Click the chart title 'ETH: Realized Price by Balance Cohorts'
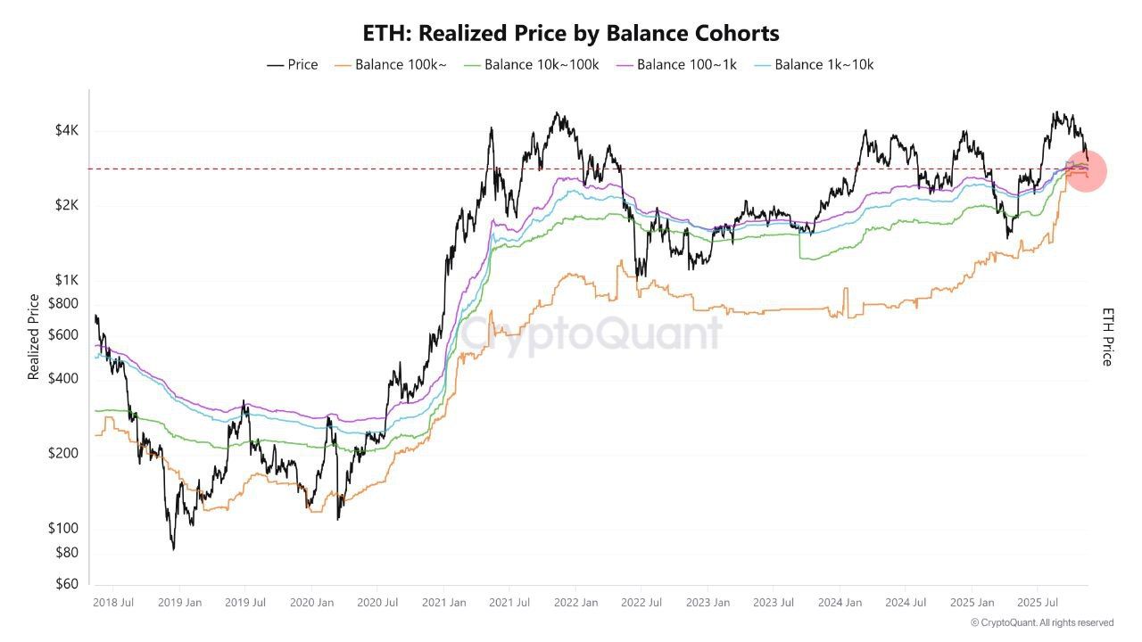coord(571,34)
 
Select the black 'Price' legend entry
coord(293,65)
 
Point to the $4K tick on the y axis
coord(66,131)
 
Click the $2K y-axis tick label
coord(66,205)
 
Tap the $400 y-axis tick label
coord(64,378)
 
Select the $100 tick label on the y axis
coord(64,528)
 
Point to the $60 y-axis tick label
coord(67,584)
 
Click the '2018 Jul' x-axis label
coord(113,603)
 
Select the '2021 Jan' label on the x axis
coord(443,603)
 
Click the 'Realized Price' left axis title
coord(34,337)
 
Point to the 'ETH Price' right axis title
coord(1108,337)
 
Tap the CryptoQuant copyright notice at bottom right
coord(1041,622)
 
